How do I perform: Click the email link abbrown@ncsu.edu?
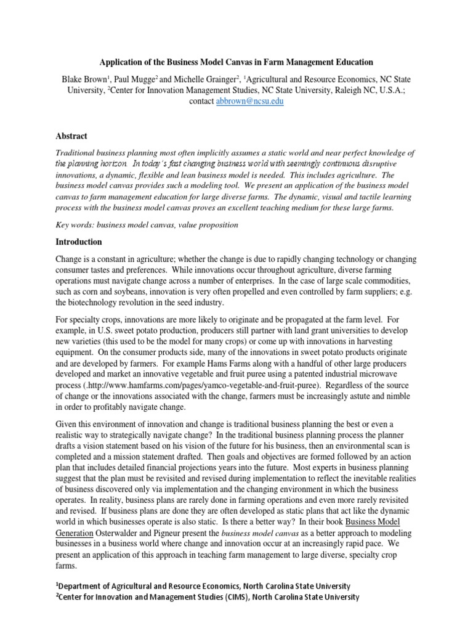(x=249, y=101)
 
